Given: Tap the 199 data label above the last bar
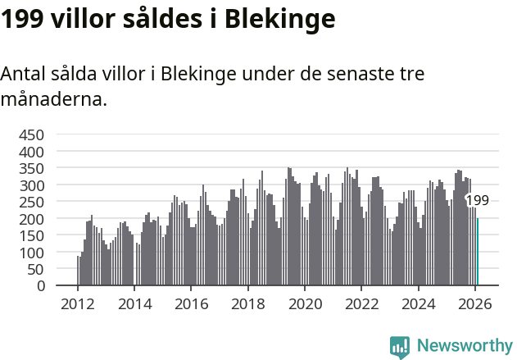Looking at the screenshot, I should pos(478,200).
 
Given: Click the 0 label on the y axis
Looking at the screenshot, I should pos(40,286).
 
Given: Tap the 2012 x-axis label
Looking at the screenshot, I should pos(78,303).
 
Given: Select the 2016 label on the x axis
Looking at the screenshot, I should pos(191,303).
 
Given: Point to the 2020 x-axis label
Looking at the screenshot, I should pos(305,303).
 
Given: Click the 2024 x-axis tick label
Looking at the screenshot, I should pos(419,303).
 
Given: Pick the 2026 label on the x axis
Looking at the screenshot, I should pos(475,303).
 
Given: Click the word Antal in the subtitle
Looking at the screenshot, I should pos(22,73).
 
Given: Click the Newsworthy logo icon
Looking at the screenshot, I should pos(400,347).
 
